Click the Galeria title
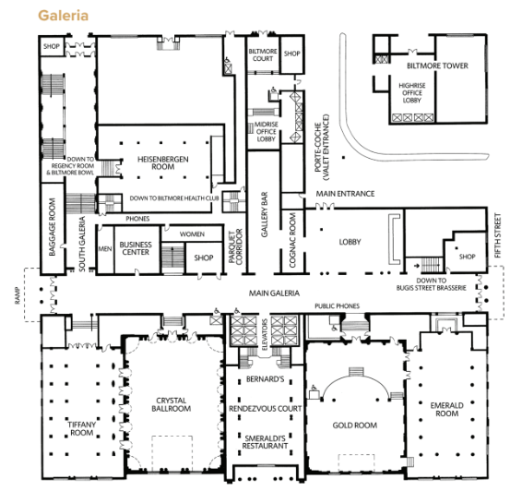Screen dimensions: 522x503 (x=64, y=16)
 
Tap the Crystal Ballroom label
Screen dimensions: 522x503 (x=172, y=404)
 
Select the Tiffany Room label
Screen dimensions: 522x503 (x=81, y=429)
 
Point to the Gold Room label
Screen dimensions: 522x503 (x=355, y=425)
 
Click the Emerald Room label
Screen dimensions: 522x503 (x=446, y=410)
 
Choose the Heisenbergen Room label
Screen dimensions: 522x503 (x=163, y=162)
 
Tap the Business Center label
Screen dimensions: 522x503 (x=136, y=248)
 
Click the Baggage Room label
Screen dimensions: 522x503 (x=52, y=227)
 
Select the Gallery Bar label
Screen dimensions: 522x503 (x=265, y=214)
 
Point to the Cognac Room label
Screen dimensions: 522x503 (x=292, y=240)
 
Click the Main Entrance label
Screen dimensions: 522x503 (x=345, y=194)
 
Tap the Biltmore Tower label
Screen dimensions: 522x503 (x=437, y=66)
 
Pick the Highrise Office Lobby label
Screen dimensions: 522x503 (x=412, y=93)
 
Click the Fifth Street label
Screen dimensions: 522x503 (x=498, y=235)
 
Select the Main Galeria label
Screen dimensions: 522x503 (x=274, y=293)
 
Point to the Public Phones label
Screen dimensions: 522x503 (x=338, y=305)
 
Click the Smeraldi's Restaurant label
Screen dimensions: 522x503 (x=265, y=442)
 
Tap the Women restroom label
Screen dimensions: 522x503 (x=192, y=234)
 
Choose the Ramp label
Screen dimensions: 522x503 (x=18, y=295)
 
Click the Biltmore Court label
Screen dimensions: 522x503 (x=263, y=55)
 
